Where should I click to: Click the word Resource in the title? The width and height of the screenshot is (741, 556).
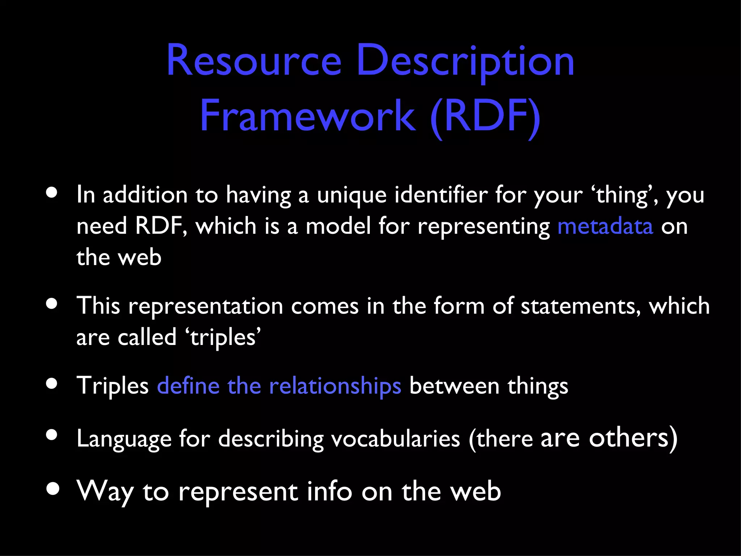(x=254, y=60)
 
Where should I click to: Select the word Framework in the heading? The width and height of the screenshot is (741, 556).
(x=308, y=116)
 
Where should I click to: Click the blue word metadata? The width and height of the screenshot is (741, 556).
(x=605, y=227)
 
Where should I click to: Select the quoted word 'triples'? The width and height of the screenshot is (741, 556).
(x=223, y=338)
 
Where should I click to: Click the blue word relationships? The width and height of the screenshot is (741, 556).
(x=335, y=386)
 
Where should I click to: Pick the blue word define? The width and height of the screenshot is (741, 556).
(x=188, y=386)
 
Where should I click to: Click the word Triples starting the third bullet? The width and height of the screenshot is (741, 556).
(x=113, y=386)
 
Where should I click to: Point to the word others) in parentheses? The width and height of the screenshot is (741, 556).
(x=633, y=438)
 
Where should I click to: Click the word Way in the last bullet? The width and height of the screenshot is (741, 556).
(x=105, y=492)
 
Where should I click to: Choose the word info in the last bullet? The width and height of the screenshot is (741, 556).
(x=329, y=492)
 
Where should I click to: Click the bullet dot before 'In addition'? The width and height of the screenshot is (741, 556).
(x=52, y=193)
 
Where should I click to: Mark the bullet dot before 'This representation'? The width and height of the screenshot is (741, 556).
(x=52, y=304)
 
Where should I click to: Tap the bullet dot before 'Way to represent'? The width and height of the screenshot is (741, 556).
(x=53, y=489)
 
